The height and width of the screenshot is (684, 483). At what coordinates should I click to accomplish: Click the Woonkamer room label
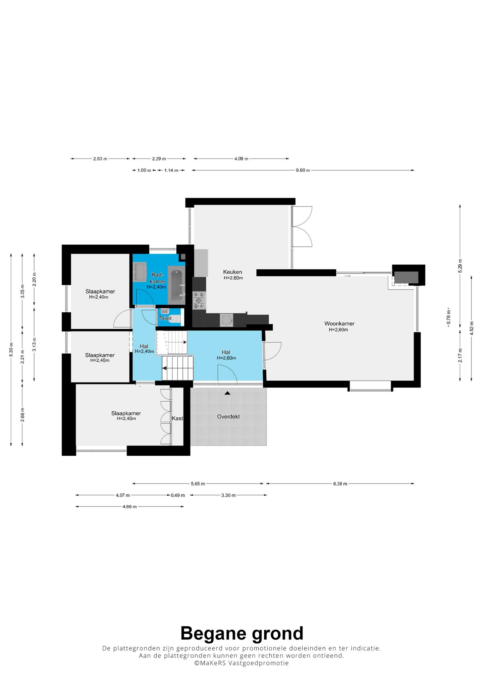pyautogui.click(x=339, y=324)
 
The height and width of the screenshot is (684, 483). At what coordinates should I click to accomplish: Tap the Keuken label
pyautogui.click(x=232, y=272)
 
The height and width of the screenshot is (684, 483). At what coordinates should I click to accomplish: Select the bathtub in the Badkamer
pyautogui.click(x=176, y=285)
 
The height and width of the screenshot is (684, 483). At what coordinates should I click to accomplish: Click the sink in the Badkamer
pyautogui.click(x=140, y=272)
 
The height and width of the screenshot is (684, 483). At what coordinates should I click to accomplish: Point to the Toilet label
pyautogui.click(x=165, y=318)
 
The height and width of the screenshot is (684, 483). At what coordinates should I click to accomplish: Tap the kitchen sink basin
pyautogui.click(x=226, y=320)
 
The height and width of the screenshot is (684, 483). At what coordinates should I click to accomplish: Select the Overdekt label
pyautogui.click(x=228, y=417)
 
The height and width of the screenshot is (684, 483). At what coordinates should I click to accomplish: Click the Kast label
pyautogui.click(x=177, y=418)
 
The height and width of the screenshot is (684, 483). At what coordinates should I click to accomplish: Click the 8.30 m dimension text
pyautogui.click(x=11, y=350)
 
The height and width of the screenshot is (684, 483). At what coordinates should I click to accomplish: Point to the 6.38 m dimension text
pyautogui.click(x=340, y=484)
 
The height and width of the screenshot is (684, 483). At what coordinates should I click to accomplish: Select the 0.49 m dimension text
pyautogui.click(x=178, y=495)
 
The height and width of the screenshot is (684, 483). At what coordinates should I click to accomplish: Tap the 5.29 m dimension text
pyautogui.click(x=460, y=266)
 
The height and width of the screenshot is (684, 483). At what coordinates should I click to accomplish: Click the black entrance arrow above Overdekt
pyautogui.click(x=227, y=393)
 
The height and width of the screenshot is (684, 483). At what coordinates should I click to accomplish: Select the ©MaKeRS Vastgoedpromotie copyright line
pyautogui.click(x=241, y=663)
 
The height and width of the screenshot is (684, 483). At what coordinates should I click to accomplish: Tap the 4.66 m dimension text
pyautogui.click(x=129, y=507)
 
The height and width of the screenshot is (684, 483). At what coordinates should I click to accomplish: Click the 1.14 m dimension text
pyautogui.click(x=171, y=170)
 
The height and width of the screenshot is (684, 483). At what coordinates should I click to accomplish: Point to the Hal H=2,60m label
pyautogui.click(x=226, y=355)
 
